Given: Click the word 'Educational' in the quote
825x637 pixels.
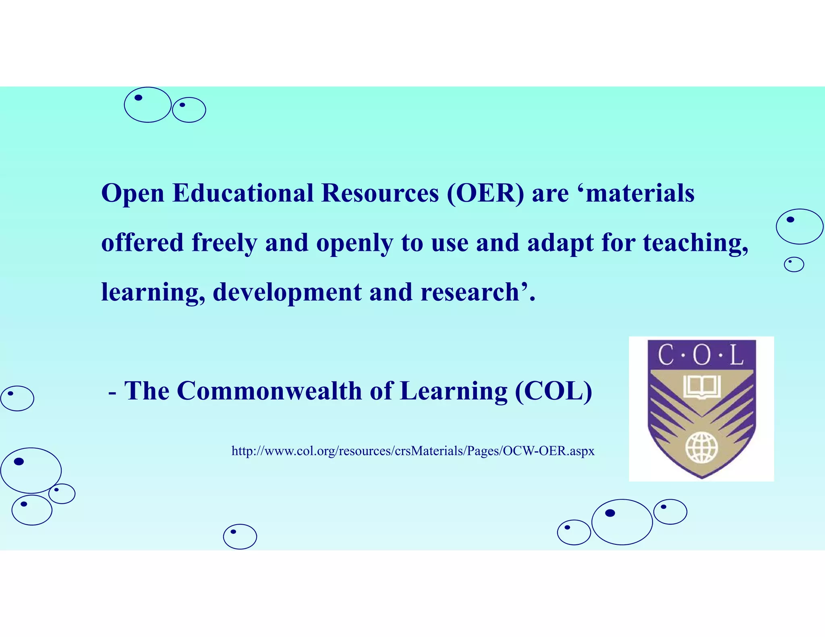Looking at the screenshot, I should point(243,193).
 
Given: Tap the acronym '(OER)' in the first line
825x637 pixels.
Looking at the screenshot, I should point(485,193).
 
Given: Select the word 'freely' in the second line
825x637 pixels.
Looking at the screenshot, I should point(224,243).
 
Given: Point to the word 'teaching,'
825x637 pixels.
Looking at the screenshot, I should point(695,243).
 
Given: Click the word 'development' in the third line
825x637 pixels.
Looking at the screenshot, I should point(287,292).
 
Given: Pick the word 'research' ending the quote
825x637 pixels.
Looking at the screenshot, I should point(470,292).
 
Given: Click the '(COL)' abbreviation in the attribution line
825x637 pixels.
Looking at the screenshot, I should point(553,391).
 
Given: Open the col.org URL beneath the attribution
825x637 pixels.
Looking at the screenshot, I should point(413,451).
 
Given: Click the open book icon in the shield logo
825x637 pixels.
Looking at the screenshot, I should point(702,387).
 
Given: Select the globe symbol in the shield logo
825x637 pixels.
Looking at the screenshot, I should point(702,447).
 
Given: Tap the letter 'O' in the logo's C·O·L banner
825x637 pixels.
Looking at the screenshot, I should point(702,355).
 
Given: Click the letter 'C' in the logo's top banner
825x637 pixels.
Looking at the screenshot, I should point(666,355).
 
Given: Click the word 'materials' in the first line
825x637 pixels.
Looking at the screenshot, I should point(640,193).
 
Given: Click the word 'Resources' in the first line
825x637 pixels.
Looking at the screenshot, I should point(380,193).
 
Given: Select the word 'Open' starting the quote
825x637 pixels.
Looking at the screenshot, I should point(133,194).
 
